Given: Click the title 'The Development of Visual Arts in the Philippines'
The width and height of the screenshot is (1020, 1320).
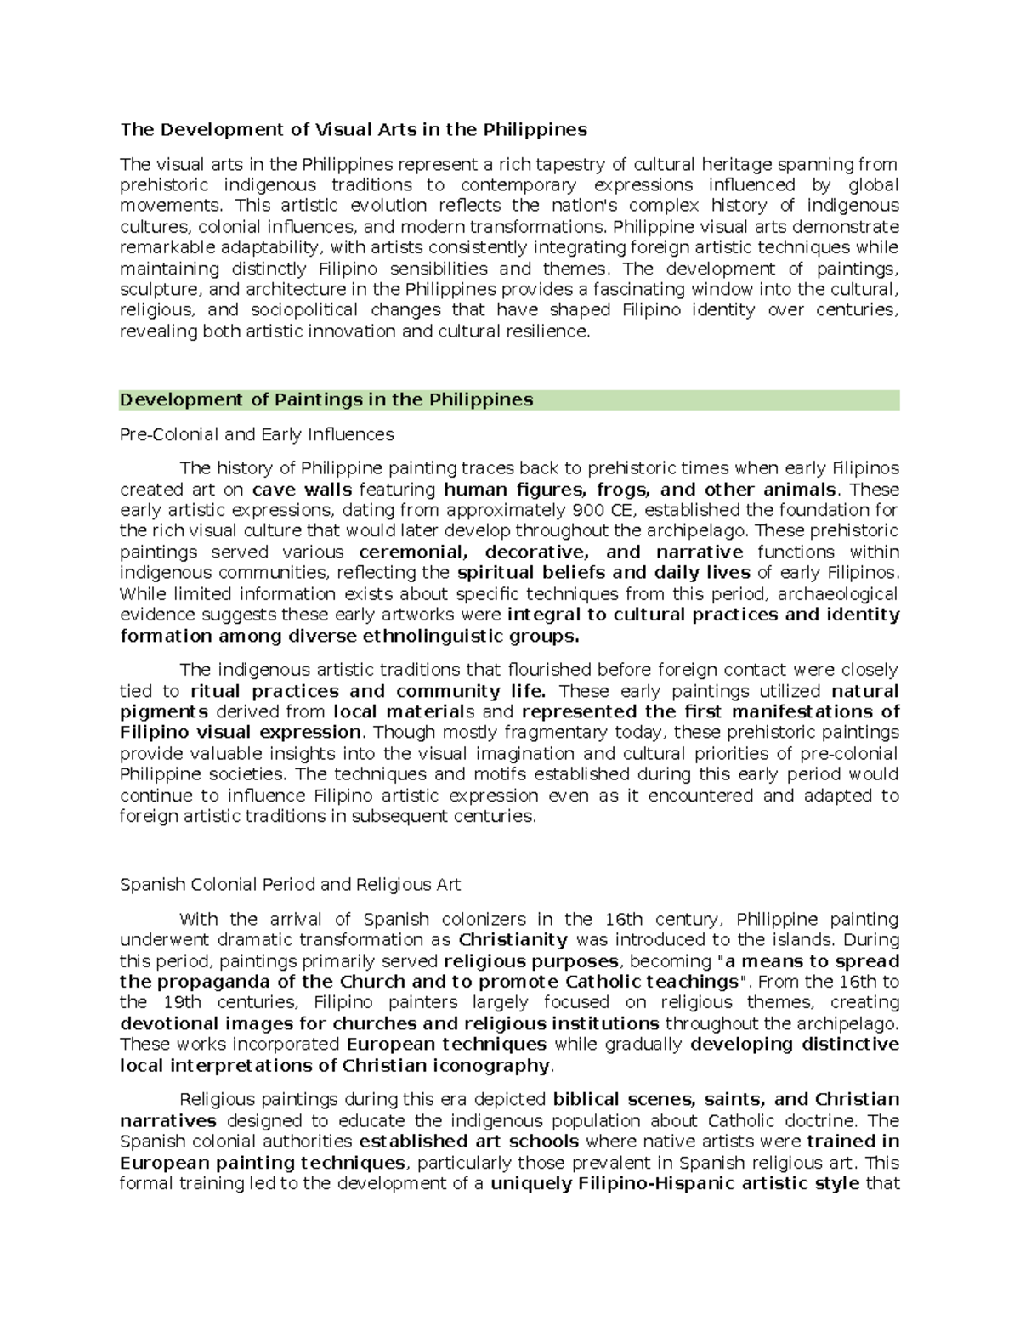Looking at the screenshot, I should (x=353, y=130).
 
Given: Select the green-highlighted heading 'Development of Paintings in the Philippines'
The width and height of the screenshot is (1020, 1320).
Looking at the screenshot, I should (x=326, y=400).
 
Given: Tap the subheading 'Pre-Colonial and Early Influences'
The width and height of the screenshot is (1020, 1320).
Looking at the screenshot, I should (x=257, y=435).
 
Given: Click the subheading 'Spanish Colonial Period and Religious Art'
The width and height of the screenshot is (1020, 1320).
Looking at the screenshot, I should (x=290, y=885).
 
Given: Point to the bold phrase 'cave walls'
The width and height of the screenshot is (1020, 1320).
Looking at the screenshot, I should (x=303, y=490).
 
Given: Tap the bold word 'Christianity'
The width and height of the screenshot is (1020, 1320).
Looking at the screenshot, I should (x=513, y=940).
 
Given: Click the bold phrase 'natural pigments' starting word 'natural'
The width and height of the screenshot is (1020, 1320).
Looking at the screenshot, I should (x=864, y=691).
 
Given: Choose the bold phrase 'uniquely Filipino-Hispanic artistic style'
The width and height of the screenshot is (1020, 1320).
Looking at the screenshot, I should (x=675, y=1183).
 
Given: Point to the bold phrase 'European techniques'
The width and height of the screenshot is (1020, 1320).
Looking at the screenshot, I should (x=446, y=1045).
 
